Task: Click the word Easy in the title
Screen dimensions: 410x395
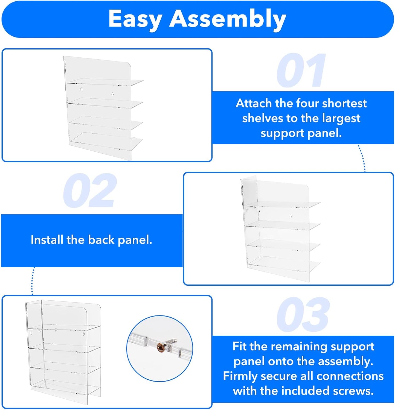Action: point(135,19)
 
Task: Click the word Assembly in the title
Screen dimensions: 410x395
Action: point(228,19)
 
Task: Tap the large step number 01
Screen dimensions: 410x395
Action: point(301,71)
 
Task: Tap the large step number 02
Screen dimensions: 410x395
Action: point(90,191)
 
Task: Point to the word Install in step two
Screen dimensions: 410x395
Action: point(47,240)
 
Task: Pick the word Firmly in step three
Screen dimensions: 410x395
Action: point(240,376)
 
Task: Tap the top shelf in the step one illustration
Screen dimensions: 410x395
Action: point(105,82)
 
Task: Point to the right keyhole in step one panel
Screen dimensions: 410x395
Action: point(112,94)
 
